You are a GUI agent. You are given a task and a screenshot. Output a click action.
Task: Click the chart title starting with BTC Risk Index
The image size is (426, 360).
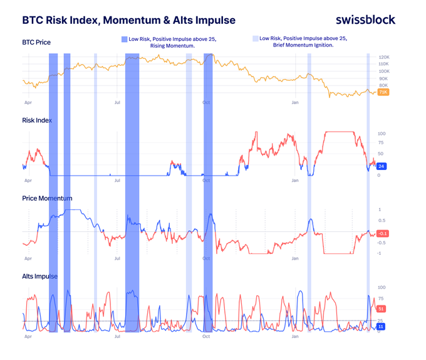point(129,20)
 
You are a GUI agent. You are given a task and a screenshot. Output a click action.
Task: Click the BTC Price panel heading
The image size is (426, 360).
point(36,43)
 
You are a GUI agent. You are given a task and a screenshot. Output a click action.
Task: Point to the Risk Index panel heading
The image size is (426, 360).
point(37,120)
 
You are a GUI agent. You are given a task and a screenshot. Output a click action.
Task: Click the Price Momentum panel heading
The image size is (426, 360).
point(47,198)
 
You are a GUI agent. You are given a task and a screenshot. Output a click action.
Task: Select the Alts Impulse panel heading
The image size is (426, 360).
point(39,276)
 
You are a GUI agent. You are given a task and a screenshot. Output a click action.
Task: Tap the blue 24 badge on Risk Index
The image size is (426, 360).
point(382,166)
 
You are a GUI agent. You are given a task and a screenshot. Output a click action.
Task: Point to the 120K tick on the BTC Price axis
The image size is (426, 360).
point(384,57)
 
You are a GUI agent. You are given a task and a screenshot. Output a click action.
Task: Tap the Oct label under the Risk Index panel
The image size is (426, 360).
point(206,180)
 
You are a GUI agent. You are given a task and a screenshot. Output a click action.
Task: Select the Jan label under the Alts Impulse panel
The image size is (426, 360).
point(295,336)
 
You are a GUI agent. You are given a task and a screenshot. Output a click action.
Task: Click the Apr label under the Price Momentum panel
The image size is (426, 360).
point(28,258)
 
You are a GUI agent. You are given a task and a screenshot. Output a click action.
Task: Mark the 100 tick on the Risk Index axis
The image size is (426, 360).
point(381,134)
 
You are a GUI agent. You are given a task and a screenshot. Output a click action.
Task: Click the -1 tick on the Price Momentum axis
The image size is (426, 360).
point(380,253)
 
